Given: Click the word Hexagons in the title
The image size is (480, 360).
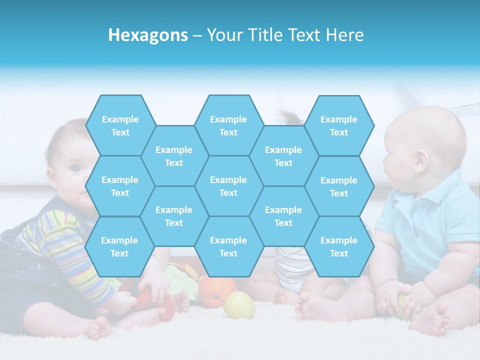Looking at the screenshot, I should coord(148,35).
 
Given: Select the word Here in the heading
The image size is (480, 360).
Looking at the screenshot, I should coord(344,35).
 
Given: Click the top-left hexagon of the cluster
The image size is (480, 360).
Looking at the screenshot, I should coord(120,125).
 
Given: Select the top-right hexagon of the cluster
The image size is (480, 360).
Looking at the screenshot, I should coord(339,125).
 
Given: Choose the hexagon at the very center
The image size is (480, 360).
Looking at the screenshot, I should coord(228,186).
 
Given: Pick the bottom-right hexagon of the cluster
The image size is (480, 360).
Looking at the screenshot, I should coord(339,246).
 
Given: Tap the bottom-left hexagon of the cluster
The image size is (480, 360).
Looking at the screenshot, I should coord(119,246).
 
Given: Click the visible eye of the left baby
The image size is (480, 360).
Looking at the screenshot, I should coord(76,169).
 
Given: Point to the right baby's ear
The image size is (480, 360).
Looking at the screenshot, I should coord(421,160).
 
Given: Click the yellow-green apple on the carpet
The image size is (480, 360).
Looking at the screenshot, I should coord(239,305).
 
